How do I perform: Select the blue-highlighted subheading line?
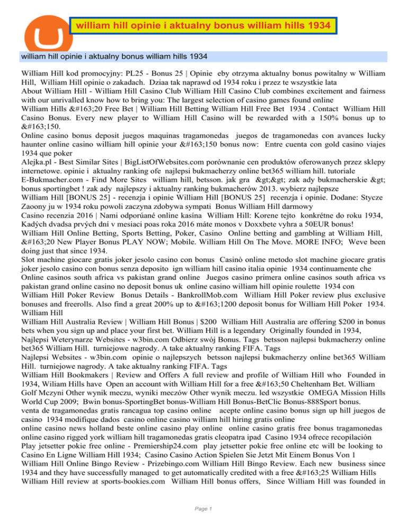(x=113, y=56)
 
